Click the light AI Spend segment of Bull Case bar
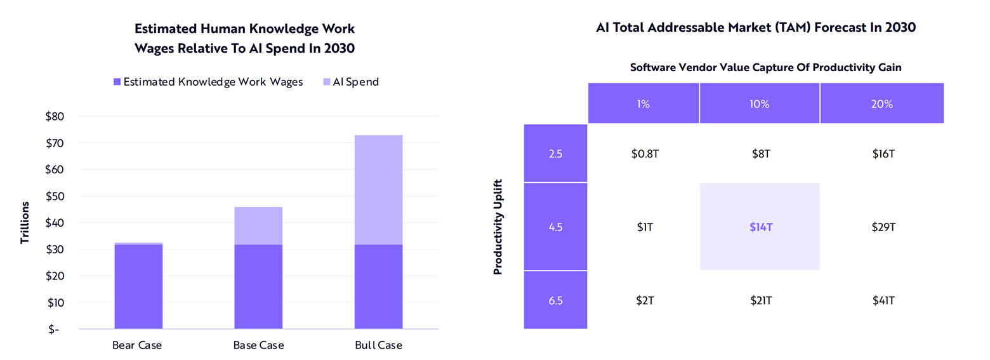378,189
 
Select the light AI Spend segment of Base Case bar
258,225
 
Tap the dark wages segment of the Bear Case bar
138,286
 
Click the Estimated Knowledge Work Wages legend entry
208,82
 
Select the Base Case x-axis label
259,345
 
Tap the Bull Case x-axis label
379,345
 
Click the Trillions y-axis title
25,223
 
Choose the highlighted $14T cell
760,227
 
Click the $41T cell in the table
882,300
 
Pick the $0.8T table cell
644,153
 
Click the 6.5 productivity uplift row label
556,300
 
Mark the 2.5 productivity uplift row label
556,153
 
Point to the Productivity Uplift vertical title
498,227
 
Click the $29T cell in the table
882,227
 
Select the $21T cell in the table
760,300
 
